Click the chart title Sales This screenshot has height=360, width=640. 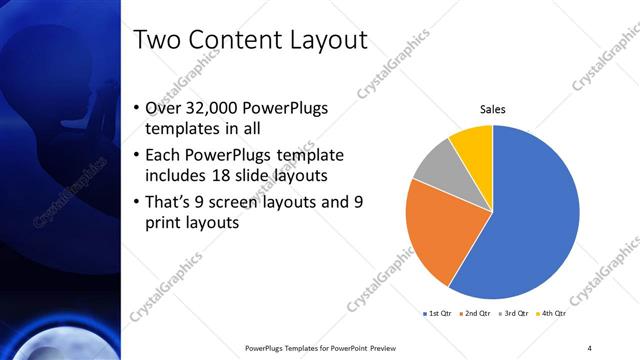pos(492,109)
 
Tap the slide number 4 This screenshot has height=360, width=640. pos(589,347)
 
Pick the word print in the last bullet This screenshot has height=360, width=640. pos(164,224)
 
